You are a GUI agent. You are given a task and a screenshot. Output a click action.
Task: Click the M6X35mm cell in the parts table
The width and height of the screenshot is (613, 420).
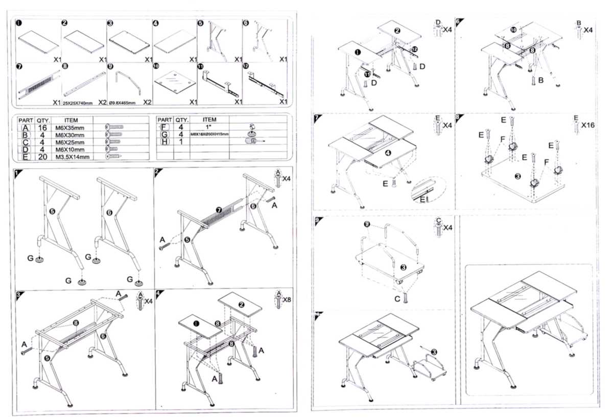tap(72, 127)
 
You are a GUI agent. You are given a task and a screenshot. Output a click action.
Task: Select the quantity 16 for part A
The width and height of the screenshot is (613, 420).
tap(43, 127)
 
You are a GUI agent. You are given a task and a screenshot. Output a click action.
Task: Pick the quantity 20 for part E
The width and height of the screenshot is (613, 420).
tap(43, 156)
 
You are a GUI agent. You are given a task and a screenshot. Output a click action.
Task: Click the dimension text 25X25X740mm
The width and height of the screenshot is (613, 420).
tap(78, 103)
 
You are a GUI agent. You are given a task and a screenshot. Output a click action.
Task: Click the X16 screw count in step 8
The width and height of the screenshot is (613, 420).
tap(588, 125)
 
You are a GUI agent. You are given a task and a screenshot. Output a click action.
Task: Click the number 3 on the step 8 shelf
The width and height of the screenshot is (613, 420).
tap(517, 177)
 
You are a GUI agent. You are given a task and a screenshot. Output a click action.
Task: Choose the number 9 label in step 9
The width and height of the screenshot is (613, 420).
tap(365, 224)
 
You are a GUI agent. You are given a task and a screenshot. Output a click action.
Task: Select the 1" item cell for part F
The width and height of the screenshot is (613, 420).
tap(209, 127)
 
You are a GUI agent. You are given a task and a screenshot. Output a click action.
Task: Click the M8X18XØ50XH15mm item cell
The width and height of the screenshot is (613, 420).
tap(209, 134)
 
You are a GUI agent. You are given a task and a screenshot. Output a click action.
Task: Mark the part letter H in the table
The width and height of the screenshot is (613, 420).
tap(164, 142)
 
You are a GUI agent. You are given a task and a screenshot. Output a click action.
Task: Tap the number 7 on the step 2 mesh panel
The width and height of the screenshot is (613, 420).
tap(218, 209)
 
